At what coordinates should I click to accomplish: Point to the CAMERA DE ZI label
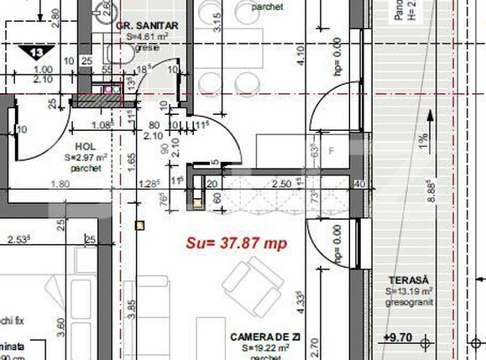tap(265, 337)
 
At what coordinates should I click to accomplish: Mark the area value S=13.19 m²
tap(409, 290)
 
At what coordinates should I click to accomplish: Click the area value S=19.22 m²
tap(264, 347)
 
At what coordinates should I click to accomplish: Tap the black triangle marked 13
tap(37, 52)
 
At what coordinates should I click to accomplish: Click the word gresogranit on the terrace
tap(409, 300)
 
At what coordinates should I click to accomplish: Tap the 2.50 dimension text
tap(282, 183)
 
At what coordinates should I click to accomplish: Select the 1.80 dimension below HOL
tap(60, 184)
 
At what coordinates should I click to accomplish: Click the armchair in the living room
tap(249, 283)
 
